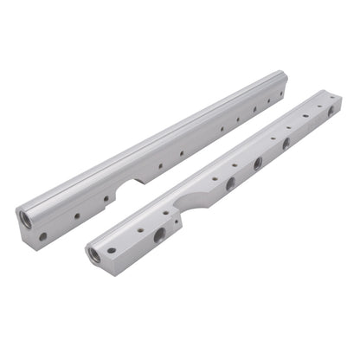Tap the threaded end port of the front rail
point(94,255)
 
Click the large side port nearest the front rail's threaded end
point(159,235)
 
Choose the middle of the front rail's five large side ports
point(258,164)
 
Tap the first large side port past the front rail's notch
point(230,183)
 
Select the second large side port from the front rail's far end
point(286,144)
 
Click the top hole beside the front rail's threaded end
point(112,250)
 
